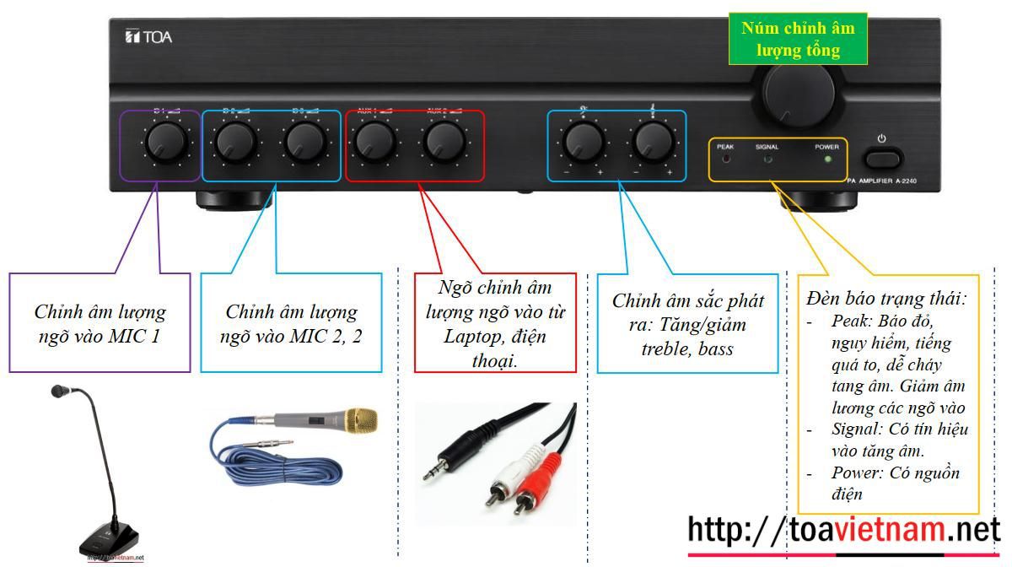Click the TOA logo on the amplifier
click(148, 37)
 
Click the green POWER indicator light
click(827, 159)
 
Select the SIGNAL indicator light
click(767, 159)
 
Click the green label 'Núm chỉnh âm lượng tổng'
click(798, 40)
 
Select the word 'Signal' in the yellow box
click(854, 429)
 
